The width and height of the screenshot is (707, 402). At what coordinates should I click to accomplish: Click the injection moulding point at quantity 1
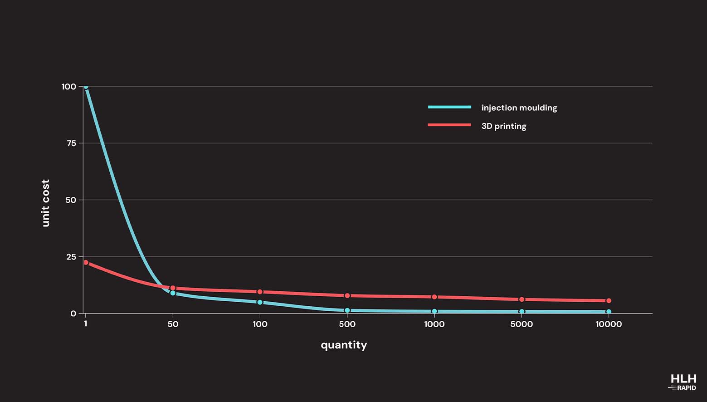tap(86, 86)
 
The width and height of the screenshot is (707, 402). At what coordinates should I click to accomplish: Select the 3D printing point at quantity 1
tap(86, 262)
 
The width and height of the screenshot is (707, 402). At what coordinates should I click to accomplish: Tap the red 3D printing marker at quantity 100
tap(260, 292)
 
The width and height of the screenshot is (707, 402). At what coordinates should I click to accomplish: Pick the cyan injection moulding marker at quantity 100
tap(260, 302)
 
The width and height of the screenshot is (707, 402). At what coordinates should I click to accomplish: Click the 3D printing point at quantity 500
tap(347, 295)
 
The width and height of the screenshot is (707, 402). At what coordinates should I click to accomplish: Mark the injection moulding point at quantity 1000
tap(434, 311)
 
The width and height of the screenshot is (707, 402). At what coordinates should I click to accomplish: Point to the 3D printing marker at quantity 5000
tap(522, 299)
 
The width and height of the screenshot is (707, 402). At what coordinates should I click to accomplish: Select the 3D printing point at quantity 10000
tap(609, 301)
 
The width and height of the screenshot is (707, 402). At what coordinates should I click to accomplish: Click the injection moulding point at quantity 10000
tap(609, 312)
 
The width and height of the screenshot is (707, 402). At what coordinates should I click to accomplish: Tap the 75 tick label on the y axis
tap(71, 143)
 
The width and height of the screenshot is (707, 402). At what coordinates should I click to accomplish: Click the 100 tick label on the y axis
tap(69, 87)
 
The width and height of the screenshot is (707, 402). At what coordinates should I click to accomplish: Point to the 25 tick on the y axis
tap(71, 257)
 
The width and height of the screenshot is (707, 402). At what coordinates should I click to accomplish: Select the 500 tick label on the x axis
tap(347, 324)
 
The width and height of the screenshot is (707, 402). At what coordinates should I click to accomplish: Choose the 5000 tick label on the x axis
tap(522, 324)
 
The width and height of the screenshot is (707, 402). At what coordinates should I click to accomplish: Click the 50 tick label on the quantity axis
tap(173, 324)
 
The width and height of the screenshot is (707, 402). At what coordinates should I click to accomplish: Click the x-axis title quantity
tap(344, 345)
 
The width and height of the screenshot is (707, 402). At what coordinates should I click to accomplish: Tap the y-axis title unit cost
tap(45, 203)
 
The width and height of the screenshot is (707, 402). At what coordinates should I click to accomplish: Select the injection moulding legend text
tap(519, 108)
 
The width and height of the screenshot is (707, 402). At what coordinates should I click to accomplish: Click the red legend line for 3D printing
tap(449, 125)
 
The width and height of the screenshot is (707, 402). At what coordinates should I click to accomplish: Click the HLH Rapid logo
tap(683, 382)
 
